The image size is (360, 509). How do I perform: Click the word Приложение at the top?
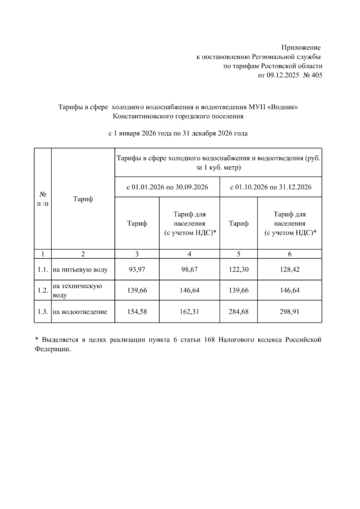click(x=301, y=48)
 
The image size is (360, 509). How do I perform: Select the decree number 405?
click(x=317, y=75)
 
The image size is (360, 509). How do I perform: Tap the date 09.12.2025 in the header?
click(x=283, y=75)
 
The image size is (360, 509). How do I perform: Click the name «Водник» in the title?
click(x=282, y=107)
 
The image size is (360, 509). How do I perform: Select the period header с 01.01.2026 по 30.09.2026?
click(x=167, y=187)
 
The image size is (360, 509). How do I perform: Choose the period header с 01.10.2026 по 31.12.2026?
click(x=271, y=187)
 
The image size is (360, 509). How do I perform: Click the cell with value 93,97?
click(x=137, y=269)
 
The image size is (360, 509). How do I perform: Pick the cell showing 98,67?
click(x=189, y=269)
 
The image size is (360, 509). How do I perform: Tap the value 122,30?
click(x=238, y=269)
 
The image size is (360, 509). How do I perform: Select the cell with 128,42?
click(x=289, y=269)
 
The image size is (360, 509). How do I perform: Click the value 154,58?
click(x=137, y=312)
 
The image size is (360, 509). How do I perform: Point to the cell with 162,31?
click(x=189, y=312)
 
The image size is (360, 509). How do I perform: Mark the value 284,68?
click(x=238, y=312)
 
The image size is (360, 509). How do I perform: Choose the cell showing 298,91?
click(x=289, y=312)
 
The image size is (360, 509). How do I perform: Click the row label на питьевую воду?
click(x=80, y=270)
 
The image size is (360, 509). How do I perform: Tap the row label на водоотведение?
click(x=80, y=312)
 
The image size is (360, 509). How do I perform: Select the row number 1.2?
click(x=43, y=290)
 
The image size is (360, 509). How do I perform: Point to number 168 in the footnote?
click(x=209, y=340)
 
